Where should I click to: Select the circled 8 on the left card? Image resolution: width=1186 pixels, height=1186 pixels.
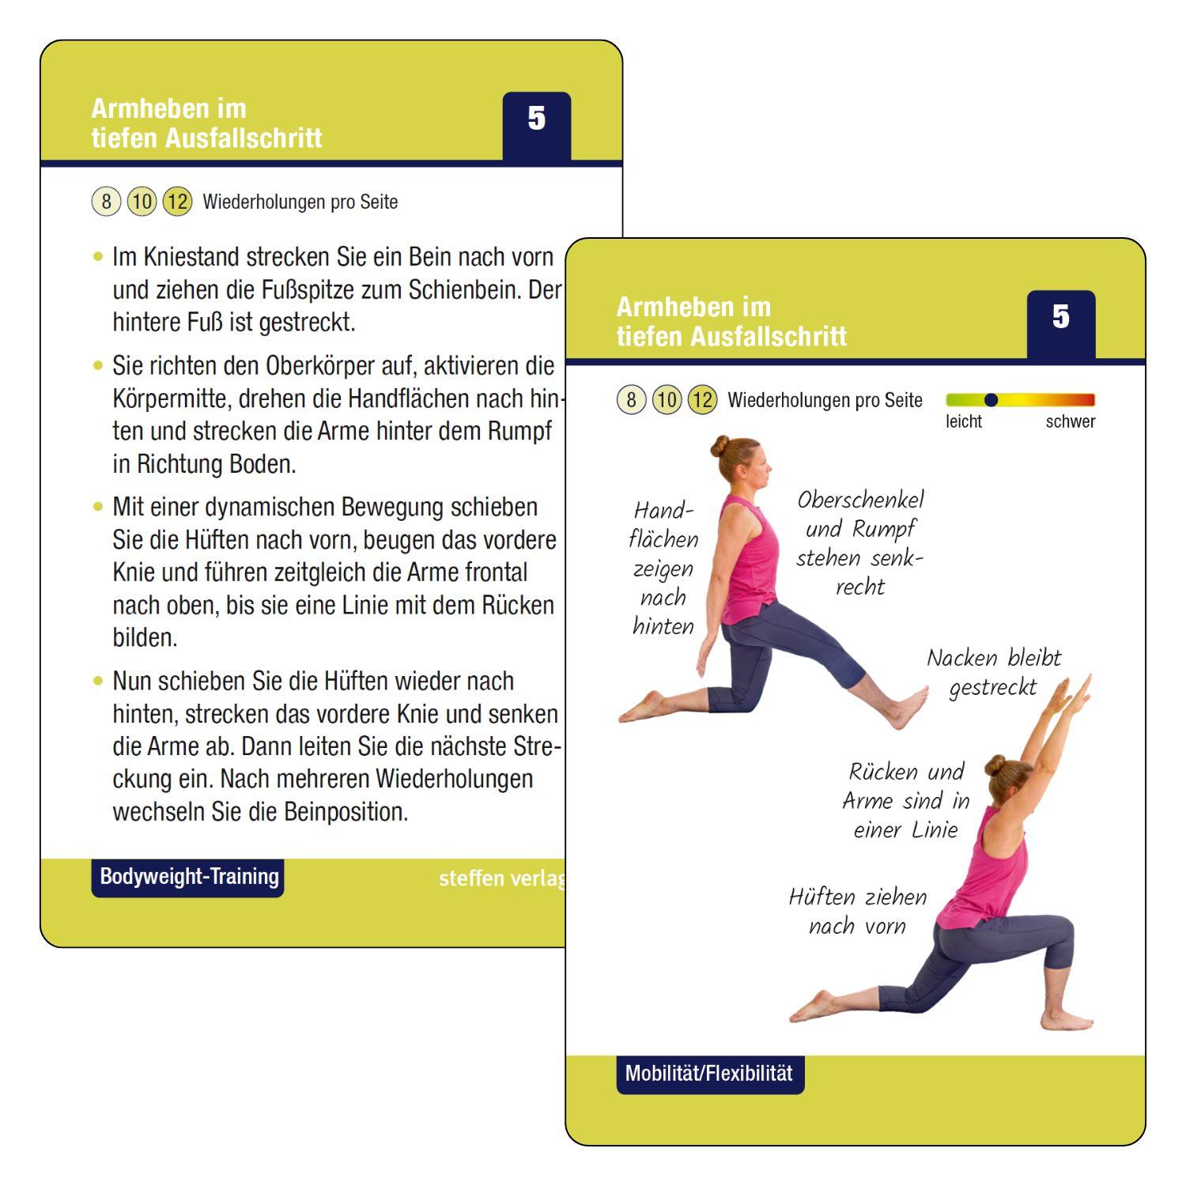tap(106, 202)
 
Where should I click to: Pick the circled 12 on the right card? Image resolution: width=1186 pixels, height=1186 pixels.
tap(701, 400)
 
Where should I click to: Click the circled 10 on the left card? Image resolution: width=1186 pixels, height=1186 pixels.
tap(142, 202)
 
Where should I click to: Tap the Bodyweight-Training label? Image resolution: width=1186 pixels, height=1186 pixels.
tap(188, 877)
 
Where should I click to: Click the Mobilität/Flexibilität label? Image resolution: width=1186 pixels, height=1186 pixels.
tap(709, 1074)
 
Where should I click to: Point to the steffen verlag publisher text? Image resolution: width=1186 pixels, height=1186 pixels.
tap(501, 878)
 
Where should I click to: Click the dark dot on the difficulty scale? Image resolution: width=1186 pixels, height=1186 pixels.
tap(991, 400)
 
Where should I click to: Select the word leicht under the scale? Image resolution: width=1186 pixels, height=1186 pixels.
tap(963, 421)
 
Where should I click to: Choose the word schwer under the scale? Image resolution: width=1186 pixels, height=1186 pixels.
tap(1070, 421)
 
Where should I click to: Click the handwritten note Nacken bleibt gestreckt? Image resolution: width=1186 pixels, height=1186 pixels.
tap(993, 672)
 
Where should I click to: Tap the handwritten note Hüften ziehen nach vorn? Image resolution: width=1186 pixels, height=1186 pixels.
tap(857, 911)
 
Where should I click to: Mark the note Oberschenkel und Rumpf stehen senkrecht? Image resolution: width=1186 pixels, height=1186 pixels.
tap(859, 542)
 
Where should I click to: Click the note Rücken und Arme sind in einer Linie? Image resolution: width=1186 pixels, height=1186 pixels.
tap(905, 800)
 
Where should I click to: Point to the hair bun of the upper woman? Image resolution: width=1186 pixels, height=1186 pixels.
tap(720, 446)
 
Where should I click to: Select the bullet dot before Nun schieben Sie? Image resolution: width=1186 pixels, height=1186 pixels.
tap(98, 681)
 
